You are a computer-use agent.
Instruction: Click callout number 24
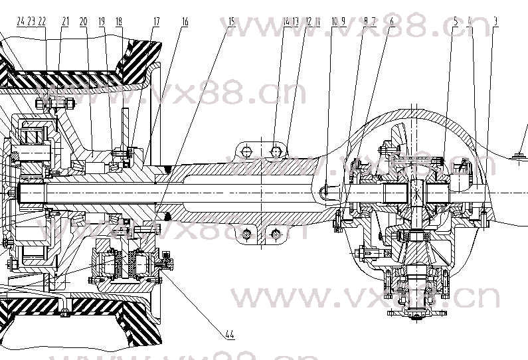coord(20,21)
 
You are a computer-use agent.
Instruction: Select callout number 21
coord(65,21)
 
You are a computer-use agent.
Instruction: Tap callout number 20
coord(83,21)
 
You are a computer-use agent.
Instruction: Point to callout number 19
coord(102,21)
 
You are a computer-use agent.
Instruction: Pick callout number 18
coord(119,21)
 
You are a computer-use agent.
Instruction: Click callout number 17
coord(157,21)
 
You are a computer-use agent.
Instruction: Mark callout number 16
coord(185,21)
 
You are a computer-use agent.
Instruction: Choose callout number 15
coord(231,21)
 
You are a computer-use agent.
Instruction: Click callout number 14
coord(287,21)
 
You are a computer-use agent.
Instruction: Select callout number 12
coord(308,21)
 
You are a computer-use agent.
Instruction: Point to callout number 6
coord(392,21)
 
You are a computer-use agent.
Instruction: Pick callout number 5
coord(456,21)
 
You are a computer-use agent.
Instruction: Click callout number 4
coord(470,21)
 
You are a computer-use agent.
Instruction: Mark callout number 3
coord(496,21)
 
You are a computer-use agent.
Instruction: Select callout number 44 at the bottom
coord(229,334)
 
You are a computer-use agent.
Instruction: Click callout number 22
coord(42,21)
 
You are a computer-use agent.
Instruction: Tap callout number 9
coord(343,21)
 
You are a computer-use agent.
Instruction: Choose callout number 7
coord(374,21)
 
